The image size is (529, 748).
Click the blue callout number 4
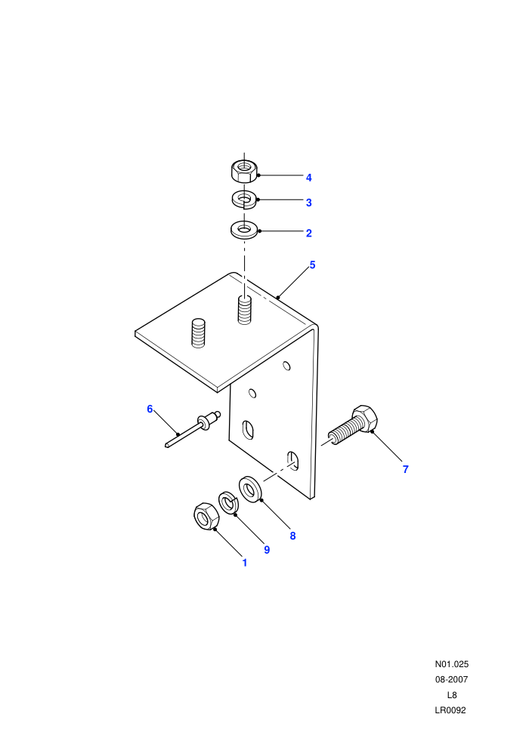[x=308, y=178]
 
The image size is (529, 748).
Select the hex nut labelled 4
[x=244, y=172]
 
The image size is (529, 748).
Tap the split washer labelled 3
[x=244, y=199]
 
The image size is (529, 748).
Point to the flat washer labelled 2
[x=244, y=230]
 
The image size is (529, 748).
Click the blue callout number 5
[x=312, y=264]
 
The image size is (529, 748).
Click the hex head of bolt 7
[x=365, y=419]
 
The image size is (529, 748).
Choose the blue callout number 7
[x=406, y=469]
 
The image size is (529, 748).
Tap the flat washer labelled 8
[x=249, y=489]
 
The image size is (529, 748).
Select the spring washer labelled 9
[x=228, y=502]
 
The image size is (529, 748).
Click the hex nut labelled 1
[x=206, y=516]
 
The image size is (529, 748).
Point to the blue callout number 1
[x=245, y=563]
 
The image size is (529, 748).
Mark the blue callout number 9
[x=267, y=550]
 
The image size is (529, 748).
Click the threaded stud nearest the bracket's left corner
[x=198, y=333]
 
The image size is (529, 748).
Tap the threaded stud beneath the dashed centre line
[x=244, y=310]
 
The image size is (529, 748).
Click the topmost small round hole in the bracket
[x=286, y=366]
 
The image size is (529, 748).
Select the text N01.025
[x=452, y=664]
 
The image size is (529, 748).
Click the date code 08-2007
[x=452, y=679]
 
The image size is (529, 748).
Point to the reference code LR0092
[x=450, y=710]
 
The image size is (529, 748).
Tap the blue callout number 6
[x=150, y=410]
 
